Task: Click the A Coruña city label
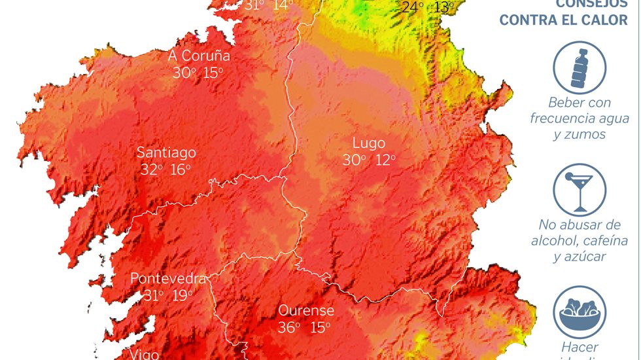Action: [x=199, y=56]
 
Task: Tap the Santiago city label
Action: [x=166, y=153]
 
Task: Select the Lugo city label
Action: [x=369, y=143]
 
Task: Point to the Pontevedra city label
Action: [x=168, y=278]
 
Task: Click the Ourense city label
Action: [x=306, y=310]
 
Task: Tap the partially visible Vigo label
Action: [x=145, y=354]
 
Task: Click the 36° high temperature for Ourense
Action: [x=288, y=327]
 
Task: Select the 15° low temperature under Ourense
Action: [x=320, y=327]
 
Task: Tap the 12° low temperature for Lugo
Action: [x=385, y=160]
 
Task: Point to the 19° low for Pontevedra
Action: [x=182, y=295]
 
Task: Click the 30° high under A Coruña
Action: [x=183, y=73]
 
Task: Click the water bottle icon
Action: [x=580, y=65]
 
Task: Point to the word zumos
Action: [x=580, y=134]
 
